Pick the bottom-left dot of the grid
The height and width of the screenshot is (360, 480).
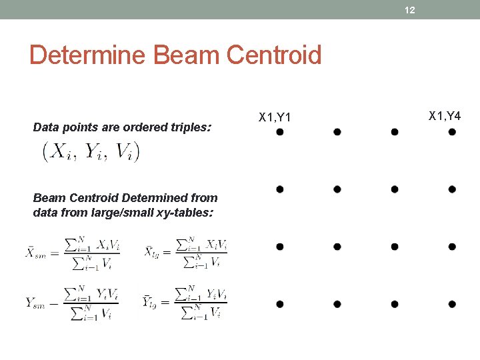[280, 304]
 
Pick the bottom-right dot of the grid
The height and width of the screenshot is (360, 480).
[452, 304]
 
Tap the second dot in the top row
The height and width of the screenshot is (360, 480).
[337, 132]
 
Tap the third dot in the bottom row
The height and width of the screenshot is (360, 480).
[395, 304]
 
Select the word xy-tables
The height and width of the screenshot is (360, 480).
[187, 213]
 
